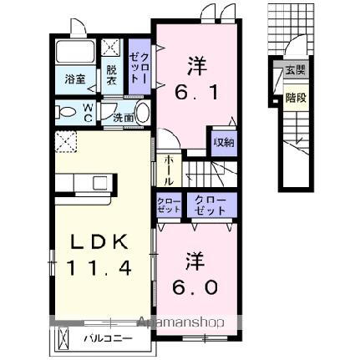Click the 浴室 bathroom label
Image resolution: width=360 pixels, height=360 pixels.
tap(76, 79)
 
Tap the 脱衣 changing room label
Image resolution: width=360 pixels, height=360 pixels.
tap(112, 75)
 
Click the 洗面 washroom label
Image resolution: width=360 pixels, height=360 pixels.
tap(124, 119)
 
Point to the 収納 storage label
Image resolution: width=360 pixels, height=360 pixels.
tap(222, 142)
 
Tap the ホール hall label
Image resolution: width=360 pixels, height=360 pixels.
tap(169, 170)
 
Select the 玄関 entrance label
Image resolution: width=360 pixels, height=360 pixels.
tap(294, 71)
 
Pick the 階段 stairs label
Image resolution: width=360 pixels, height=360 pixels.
tap(294, 97)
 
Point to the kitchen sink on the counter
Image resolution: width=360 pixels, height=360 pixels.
tap(100, 183)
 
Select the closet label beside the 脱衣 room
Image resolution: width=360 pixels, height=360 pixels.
tap(139, 64)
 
